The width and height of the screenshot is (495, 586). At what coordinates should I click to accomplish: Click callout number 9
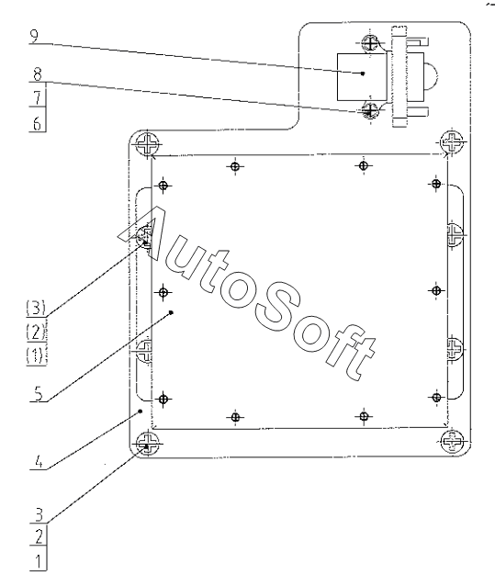tap(34, 36)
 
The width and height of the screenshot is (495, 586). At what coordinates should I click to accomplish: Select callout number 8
tap(38, 74)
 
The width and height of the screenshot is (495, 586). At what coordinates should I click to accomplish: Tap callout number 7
tap(38, 98)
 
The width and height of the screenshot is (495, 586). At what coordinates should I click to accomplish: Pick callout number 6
tap(38, 123)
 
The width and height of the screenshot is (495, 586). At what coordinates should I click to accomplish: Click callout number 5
tap(39, 394)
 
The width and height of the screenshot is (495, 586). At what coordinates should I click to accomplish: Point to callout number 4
tap(39, 462)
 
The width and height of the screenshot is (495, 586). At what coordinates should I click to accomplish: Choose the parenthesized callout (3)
tap(36, 309)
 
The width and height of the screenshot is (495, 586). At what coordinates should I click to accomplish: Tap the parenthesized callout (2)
tap(36, 332)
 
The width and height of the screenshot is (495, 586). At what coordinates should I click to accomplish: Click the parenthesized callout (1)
tap(36, 355)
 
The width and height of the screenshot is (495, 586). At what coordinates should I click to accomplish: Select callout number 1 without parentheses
tap(39, 562)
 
